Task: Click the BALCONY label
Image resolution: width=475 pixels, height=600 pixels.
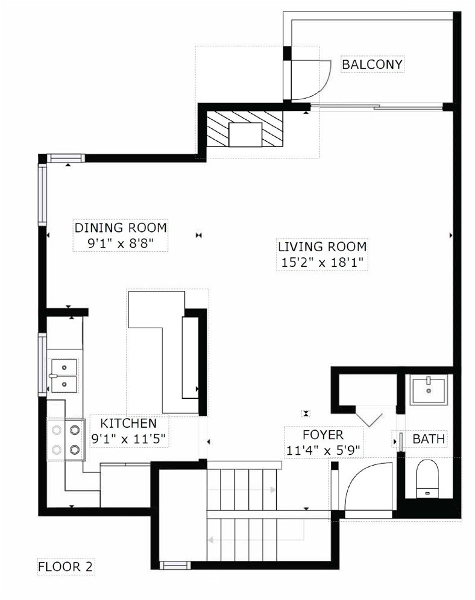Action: coord(372,64)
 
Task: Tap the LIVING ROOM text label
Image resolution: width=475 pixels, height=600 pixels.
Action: coord(322,247)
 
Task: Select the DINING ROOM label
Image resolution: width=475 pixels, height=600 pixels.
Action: coord(121,227)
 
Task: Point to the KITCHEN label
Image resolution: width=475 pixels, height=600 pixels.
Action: coord(128,423)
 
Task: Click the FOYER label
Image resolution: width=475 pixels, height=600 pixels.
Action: coord(323,435)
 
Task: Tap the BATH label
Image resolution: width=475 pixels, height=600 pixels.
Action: coord(429,439)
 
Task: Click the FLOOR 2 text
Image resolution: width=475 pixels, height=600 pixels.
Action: coord(66,567)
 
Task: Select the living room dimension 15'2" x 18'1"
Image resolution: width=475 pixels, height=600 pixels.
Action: coord(322,263)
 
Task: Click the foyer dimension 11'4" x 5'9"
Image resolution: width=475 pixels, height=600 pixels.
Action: coord(324,451)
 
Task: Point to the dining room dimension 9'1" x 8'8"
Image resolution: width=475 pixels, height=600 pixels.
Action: coord(121,243)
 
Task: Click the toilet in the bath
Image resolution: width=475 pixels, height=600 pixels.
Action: coord(427,479)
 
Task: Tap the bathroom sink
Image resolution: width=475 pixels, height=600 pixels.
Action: coord(429,389)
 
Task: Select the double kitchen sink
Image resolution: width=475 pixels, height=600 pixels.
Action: coord(63,375)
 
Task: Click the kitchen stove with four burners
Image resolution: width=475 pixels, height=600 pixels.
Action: coord(66,439)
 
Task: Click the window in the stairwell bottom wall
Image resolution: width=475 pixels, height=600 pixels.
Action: coord(175,565)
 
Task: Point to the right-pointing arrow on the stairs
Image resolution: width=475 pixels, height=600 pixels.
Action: coord(242,490)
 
